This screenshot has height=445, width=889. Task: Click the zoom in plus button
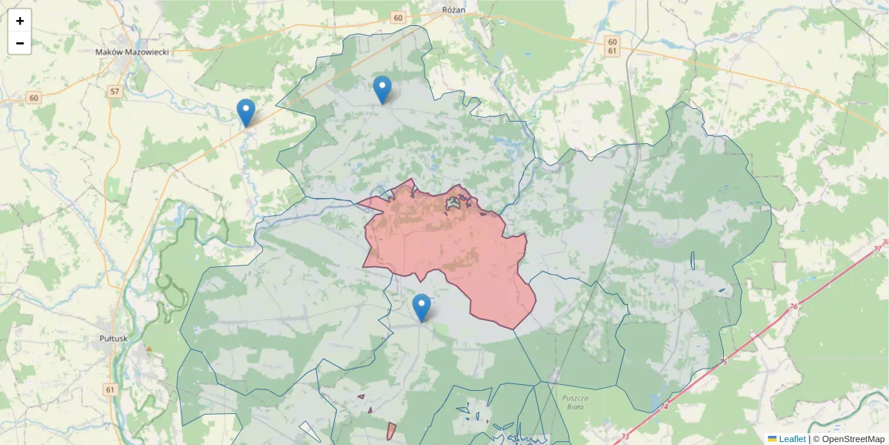(x=20, y=21)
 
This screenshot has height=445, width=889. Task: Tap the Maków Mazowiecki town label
(x=133, y=52)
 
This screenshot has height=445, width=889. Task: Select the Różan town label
(x=452, y=10)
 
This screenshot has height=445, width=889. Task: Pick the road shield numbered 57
(x=114, y=91)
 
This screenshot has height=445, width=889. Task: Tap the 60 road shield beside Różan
(x=399, y=18)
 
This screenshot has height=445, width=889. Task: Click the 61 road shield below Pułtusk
(x=110, y=389)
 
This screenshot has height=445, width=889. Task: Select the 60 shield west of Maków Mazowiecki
(x=34, y=98)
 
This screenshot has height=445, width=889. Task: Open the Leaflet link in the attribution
(x=792, y=439)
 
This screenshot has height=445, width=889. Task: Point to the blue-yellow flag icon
(x=772, y=439)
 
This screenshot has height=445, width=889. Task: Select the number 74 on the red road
(x=665, y=406)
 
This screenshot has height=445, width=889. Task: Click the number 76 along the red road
(x=793, y=306)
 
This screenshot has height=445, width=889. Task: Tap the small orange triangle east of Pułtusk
(x=150, y=349)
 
